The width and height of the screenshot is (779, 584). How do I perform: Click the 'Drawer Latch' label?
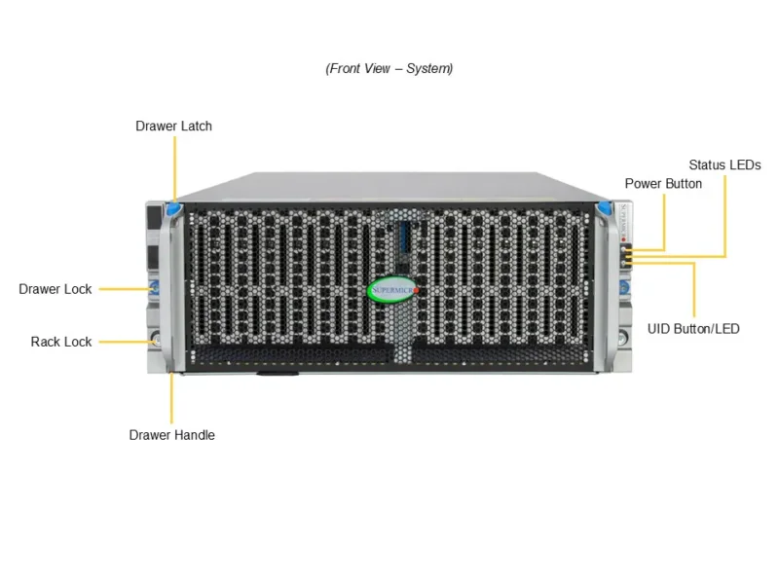tap(173, 126)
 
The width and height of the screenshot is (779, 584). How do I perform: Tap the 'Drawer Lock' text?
tap(56, 289)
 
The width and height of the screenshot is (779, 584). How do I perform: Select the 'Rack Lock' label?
tap(61, 342)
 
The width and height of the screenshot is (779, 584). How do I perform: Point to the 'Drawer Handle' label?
tap(171, 435)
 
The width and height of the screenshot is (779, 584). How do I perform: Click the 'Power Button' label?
tap(663, 183)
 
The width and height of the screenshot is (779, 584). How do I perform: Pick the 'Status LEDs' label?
tap(724, 164)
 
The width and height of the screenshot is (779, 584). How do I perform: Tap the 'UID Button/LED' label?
tap(693, 329)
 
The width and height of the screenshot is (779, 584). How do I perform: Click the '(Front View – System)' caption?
tap(389, 69)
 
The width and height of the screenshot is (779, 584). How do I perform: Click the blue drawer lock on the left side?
tap(153, 288)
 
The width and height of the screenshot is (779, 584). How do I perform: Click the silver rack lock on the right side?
tap(624, 339)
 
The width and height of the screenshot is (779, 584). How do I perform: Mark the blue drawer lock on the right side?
tap(624, 288)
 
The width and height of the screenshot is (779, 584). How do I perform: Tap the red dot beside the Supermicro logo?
tap(416, 290)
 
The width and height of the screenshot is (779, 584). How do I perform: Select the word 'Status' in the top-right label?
tap(707, 164)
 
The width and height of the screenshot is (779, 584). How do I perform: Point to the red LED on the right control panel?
tap(624, 238)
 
